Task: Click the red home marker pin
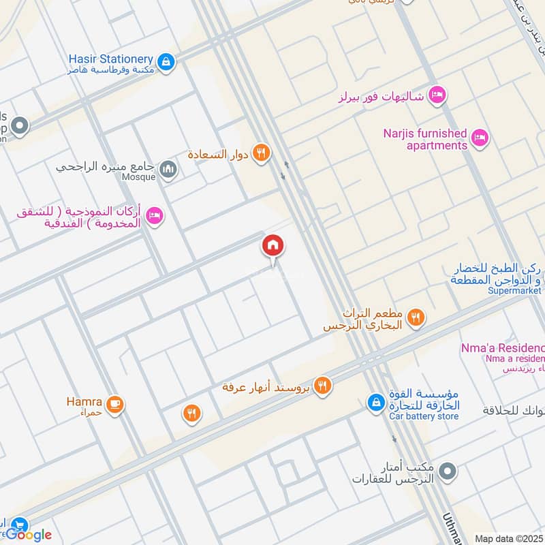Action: [x=273, y=245]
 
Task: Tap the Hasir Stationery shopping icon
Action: [x=166, y=63]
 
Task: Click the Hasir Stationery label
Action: [x=110, y=59]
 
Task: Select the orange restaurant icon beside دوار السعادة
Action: [x=260, y=154]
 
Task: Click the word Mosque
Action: [x=139, y=178]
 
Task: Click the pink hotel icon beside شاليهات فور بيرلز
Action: [x=437, y=96]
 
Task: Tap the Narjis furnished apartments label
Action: [x=424, y=139]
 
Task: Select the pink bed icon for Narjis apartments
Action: [x=480, y=138]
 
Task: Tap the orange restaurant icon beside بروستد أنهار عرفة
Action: [x=323, y=386]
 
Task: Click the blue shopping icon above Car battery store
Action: [x=375, y=403]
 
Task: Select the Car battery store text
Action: [x=424, y=416]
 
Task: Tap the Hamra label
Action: [x=84, y=401]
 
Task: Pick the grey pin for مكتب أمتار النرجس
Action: [x=447, y=471]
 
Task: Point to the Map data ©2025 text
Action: [x=508, y=538]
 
